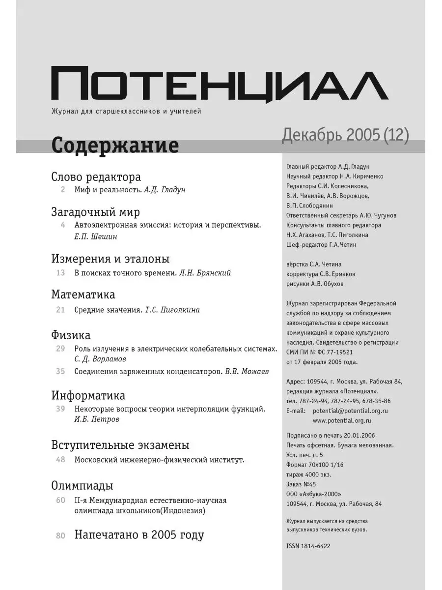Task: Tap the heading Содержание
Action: point(114,146)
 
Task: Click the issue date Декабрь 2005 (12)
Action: point(345,135)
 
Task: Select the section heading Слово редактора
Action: point(96,177)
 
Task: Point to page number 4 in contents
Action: point(62,225)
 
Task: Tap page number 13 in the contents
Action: point(60,273)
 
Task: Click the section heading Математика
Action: point(83,295)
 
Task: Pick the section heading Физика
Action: point(71,335)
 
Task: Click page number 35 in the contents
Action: point(60,371)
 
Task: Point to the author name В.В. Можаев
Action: point(247,371)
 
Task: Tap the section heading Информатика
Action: point(88,395)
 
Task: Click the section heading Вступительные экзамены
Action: point(120,445)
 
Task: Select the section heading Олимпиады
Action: point(82,486)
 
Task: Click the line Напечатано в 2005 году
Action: point(139,535)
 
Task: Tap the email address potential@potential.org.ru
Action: point(350,411)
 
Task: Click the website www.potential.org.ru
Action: point(342,420)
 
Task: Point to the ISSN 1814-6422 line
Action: point(308,546)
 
